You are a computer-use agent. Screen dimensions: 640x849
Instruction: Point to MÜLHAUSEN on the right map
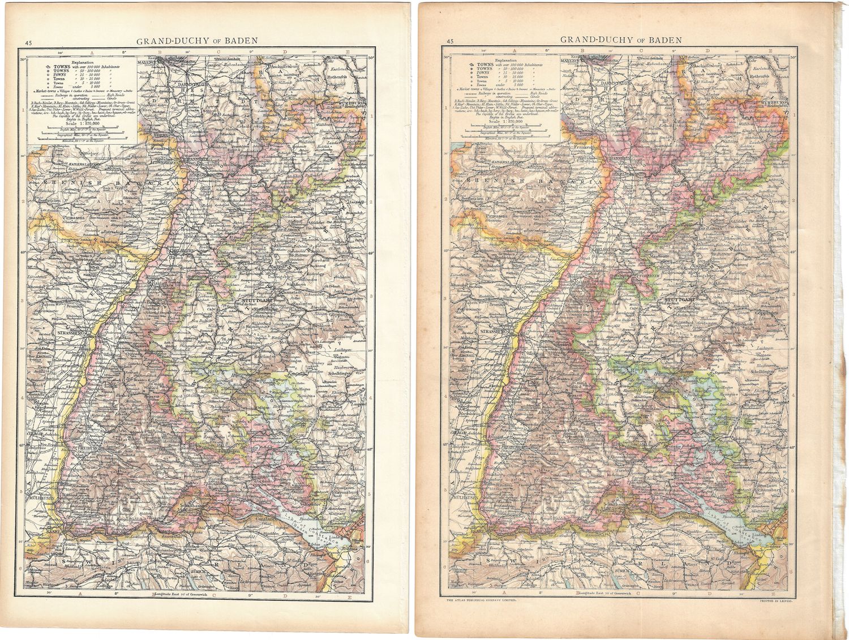(464, 497)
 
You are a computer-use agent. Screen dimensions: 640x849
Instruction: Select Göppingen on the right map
(769, 312)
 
